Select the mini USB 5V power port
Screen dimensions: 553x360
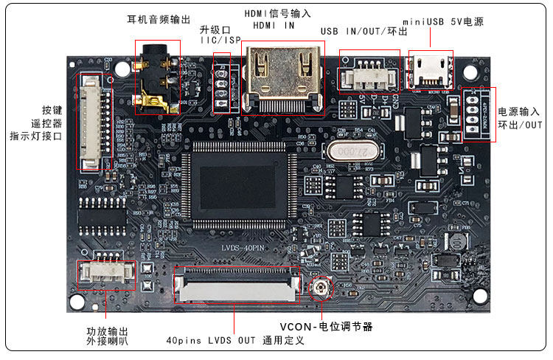coord(430,70)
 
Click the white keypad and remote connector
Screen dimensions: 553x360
coord(91,122)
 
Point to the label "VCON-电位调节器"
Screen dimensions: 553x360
coord(326,326)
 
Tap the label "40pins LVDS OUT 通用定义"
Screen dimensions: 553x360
coord(235,342)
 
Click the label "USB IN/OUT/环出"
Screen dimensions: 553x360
coord(364,32)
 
